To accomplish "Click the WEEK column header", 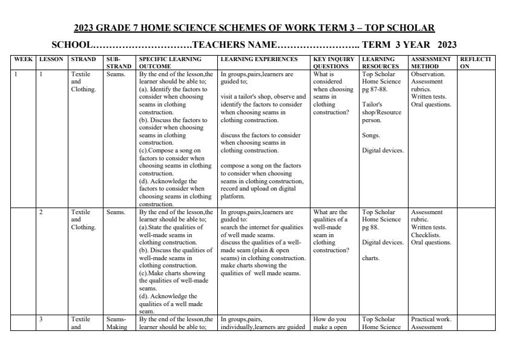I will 24,59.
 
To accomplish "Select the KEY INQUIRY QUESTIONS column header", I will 331,63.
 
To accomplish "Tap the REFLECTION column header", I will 475,63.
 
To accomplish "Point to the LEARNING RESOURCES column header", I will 380,63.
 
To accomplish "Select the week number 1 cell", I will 16,74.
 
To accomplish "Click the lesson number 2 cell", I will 41,212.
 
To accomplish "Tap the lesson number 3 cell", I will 41,319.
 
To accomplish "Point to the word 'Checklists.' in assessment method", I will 425,235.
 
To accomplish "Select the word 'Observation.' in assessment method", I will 429,74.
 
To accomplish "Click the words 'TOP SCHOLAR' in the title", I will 404,28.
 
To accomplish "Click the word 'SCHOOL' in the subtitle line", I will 71,45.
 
